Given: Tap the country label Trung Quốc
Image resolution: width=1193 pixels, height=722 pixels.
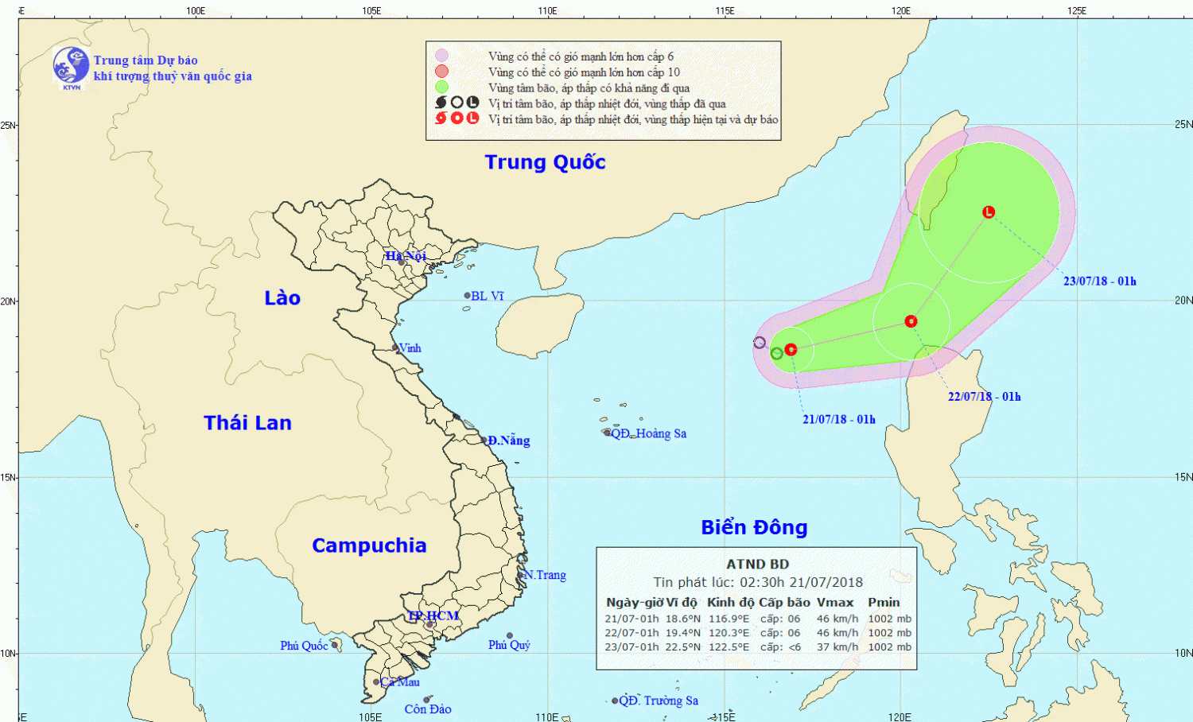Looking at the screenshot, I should click(545, 162).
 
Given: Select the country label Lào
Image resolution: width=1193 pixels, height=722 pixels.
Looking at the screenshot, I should click(282, 298).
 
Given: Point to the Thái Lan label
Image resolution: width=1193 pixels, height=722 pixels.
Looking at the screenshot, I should click(247, 423).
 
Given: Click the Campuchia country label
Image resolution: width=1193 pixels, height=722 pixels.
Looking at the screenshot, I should click(369, 545).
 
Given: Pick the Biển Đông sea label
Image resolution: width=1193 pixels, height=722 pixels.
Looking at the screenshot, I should click(754, 527).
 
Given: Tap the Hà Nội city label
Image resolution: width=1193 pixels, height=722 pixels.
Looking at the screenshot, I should click(406, 256).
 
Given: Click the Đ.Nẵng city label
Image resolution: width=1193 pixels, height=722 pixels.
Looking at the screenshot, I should click(508, 441).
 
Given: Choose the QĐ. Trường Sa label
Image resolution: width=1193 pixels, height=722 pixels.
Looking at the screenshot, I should click(658, 701).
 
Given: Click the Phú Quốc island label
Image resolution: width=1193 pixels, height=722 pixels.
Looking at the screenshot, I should click(304, 646).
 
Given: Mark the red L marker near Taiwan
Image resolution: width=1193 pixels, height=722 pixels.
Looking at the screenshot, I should click(989, 212).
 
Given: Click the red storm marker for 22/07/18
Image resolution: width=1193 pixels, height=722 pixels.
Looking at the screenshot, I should click(911, 321).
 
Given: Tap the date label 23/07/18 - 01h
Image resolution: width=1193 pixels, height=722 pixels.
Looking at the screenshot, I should click(1099, 281).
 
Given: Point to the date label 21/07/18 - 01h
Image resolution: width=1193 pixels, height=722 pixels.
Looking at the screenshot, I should click(838, 420).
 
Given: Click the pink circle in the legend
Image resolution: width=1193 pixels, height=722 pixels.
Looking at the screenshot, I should click(441, 56).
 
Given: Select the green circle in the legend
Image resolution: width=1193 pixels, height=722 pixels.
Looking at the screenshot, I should click(441, 87).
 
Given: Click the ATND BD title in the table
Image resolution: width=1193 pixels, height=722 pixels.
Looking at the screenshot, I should click(757, 565).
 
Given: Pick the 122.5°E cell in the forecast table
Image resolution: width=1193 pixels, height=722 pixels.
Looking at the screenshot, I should click(728, 647).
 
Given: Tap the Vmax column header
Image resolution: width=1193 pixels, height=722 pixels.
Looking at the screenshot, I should click(835, 603).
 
